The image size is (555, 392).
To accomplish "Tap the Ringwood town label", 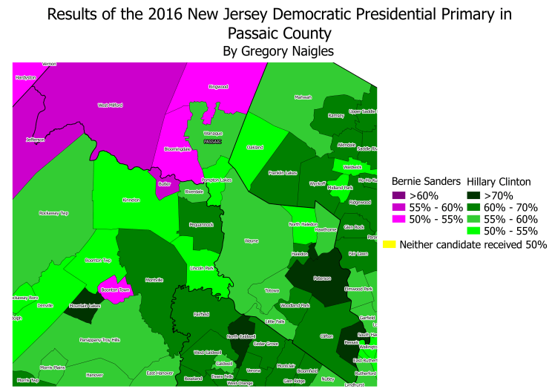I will pos(218,87).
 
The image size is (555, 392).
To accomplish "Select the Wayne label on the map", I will pos(252,241).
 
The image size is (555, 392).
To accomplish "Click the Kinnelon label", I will pos(131,200).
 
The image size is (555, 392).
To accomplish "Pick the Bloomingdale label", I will pos(177,148).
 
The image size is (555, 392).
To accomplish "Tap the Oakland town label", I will pos(255,147).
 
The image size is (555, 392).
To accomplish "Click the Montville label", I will pos(154,279).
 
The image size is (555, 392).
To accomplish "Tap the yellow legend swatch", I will pos(388,244).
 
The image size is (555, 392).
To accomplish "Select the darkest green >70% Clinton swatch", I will pos(472,195).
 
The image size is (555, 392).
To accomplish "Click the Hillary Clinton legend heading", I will pos(499,181).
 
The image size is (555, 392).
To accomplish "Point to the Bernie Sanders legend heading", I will pos(421,181).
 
